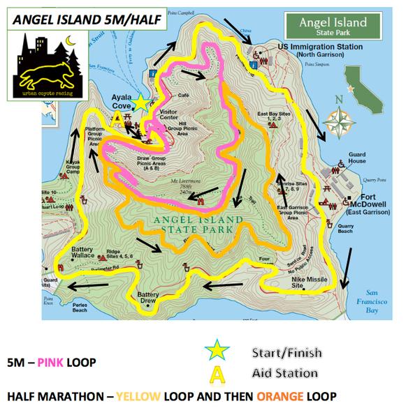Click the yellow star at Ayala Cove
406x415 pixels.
pyautogui.click(x=141, y=103)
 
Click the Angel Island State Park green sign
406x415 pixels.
pyautogui.click(x=333, y=26)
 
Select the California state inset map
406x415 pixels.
pyautogui.click(x=366, y=87)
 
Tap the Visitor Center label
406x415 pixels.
pyautogui.click(x=170, y=114)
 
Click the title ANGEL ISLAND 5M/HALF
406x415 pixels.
pyautogui.click(x=82, y=21)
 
